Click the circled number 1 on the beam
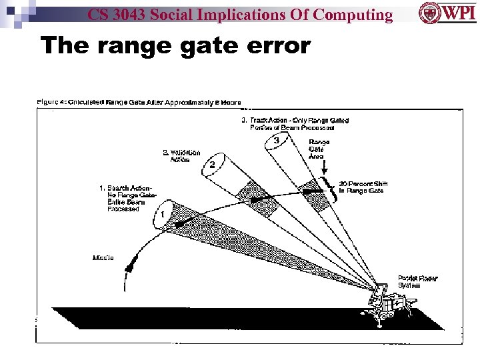tap(162, 215)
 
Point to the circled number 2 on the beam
tap(212, 164)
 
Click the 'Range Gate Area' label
tap(318, 149)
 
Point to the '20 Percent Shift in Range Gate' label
tap(363, 187)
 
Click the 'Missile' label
tap(103, 257)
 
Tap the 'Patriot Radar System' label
tap(418, 281)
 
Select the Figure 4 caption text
tap(139, 102)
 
